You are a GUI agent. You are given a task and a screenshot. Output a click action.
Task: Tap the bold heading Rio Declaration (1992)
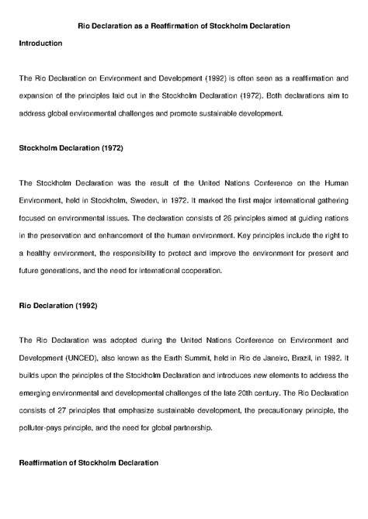pos(57,305)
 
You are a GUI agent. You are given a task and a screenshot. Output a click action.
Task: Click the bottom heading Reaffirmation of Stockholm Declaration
pos(89,462)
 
